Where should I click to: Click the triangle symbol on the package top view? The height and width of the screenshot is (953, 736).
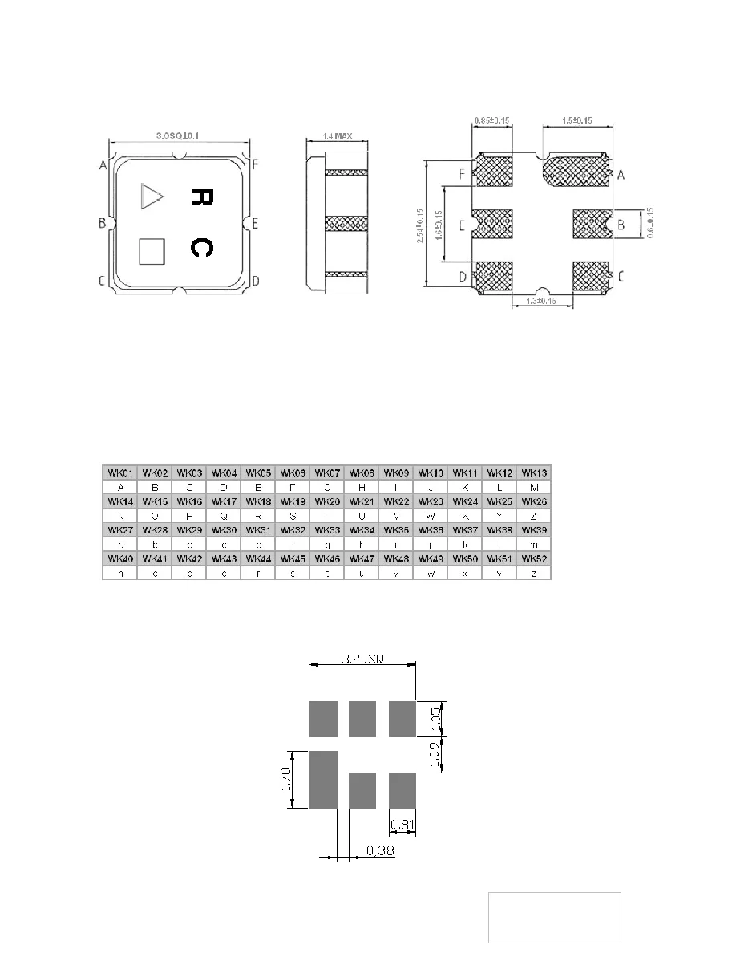click(150, 197)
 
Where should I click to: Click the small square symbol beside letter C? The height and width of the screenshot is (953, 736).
click(151, 251)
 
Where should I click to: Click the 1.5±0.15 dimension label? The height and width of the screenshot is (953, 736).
click(577, 121)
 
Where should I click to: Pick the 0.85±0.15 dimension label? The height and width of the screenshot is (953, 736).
click(492, 121)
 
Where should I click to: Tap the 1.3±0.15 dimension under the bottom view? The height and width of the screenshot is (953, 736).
click(541, 301)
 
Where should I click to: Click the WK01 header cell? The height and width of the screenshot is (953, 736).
click(119, 473)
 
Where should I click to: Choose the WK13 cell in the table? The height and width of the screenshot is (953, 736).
click(534, 473)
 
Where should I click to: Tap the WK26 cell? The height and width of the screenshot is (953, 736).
click(534, 501)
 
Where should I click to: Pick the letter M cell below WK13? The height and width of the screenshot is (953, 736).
click(534, 487)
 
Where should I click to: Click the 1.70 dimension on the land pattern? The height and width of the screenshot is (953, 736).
click(287, 779)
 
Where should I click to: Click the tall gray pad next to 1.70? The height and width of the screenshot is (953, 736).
click(322, 778)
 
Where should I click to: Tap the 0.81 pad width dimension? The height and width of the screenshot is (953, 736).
click(402, 824)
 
